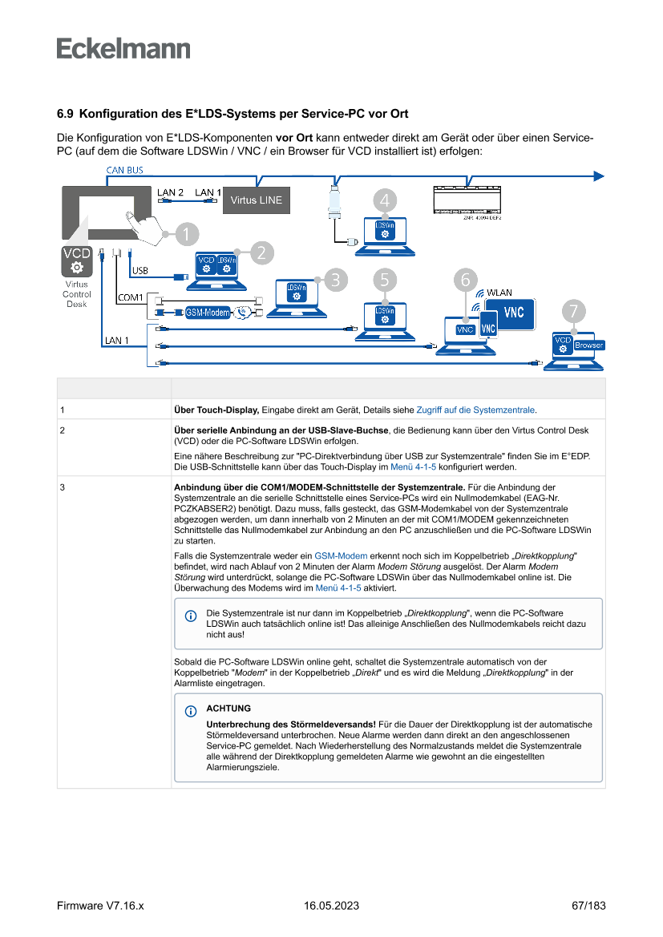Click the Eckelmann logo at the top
click(x=123, y=48)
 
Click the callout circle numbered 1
click(x=185, y=234)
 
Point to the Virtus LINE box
click(x=257, y=200)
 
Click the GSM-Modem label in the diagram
click(x=208, y=313)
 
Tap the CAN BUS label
click(x=124, y=170)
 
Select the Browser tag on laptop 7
click(x=588, y=345)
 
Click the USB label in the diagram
click(x=139, y=270)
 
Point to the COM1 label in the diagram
click(x=130, y=297)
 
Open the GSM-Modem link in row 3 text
click(x=341, y=555)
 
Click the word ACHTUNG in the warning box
click(x=228, y=709)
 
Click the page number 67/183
click(x=588, y=906)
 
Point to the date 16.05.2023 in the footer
click(x=331, y=906)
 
